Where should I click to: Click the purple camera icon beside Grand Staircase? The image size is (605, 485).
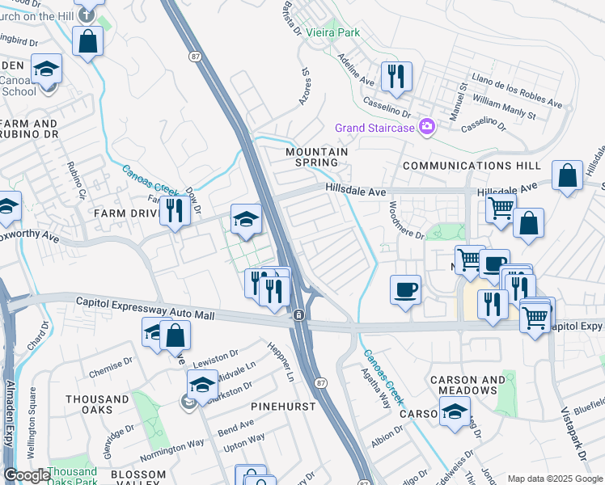click(x=426, y=127)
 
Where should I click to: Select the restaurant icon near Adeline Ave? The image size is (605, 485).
click(x=396, y=78)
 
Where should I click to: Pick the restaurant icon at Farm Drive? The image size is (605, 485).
click(x=174, y=211)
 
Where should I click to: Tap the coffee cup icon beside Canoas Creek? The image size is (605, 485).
click(x=405, y=289)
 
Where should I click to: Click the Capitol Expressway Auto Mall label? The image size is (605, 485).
click(x=146, y=308)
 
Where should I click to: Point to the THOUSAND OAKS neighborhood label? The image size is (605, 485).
click(x=97, y=405)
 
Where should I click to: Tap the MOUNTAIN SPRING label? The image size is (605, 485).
click(x=316, y=157)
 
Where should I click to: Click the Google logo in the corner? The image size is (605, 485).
click(x=26, y=475)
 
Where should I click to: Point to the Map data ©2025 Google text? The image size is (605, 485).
click(x=556, y=479)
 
